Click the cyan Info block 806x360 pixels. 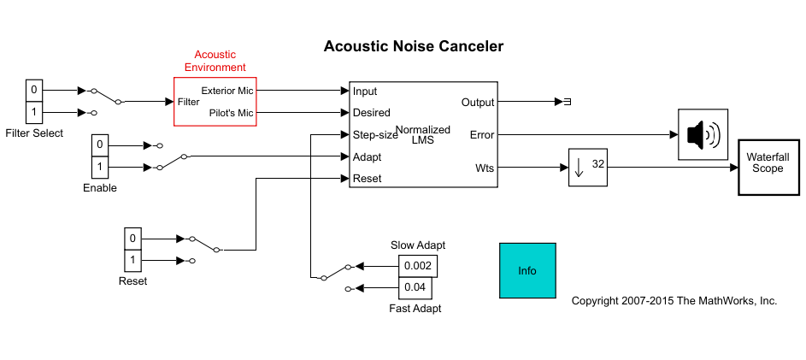(x=527, y=270)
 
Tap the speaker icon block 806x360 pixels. (x=703, y=134)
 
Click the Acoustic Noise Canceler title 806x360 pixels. (x=414, y=46)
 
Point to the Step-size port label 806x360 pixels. (x=375, y=134)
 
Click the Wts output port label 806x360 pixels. (x=485, y=168)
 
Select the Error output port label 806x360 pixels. (x=482, y=134)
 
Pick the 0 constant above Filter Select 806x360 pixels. (x=34, y=90)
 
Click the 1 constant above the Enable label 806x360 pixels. (x=100, y=167)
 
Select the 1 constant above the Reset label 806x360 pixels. (x=132, y=259)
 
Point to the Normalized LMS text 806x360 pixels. (x=423, y=134)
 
